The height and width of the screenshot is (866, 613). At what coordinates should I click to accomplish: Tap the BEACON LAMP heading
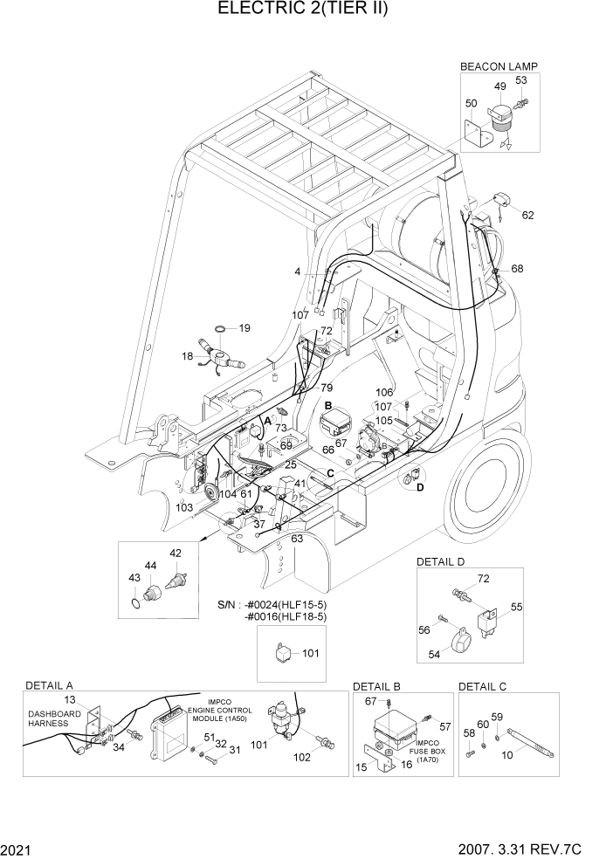click(499, 65)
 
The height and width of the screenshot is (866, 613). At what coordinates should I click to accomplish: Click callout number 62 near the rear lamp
click(527, 215)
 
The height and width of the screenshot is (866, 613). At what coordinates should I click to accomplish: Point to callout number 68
click(517, 268)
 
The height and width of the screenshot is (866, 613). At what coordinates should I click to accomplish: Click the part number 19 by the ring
click(245, 328)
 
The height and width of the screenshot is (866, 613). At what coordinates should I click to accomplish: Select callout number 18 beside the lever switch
click(187, 357)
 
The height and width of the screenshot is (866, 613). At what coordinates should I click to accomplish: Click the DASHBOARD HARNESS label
click(54, 718)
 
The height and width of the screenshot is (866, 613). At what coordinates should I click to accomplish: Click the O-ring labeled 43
click(133, 602)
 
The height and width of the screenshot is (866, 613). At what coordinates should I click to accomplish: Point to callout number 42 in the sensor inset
click(176, 553)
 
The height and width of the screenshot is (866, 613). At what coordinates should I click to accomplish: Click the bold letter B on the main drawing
click(328, 406)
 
